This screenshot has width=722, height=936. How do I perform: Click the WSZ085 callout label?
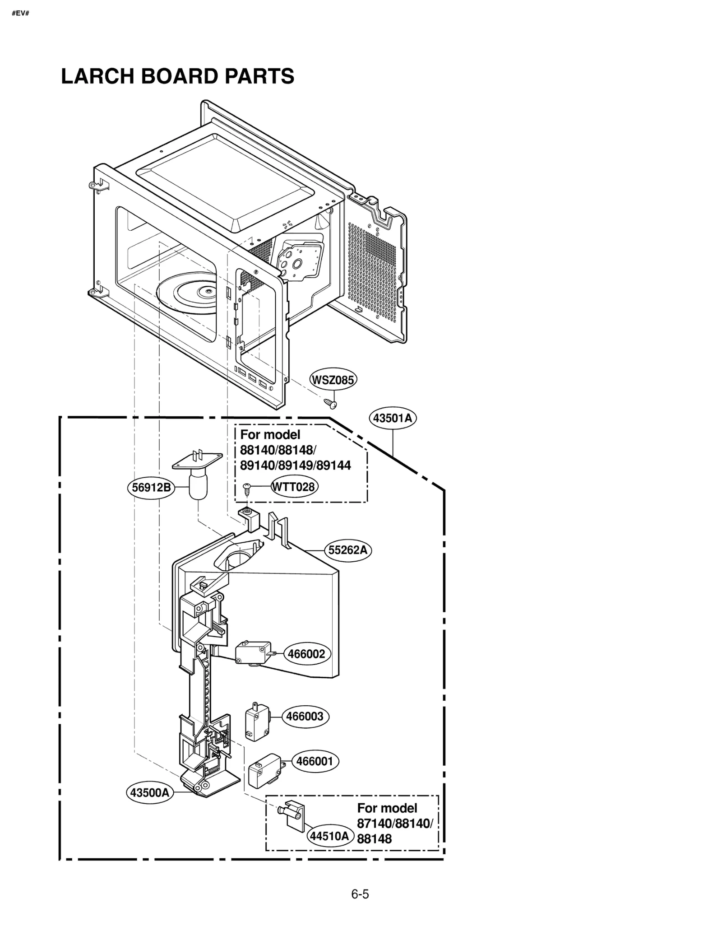pos(333,380)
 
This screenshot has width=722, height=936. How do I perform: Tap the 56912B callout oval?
pos(151,487)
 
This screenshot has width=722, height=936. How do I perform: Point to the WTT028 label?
pos(294,487)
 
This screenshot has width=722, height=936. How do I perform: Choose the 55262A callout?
pos(348,550)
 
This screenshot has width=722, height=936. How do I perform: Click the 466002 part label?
pos(306,654)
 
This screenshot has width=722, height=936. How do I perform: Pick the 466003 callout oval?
pos(305,716)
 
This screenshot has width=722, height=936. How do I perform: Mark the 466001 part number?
pos(315,761)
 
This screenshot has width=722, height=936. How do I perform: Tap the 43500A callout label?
pos(149,792)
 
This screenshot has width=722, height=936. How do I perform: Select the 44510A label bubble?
pos(329,836)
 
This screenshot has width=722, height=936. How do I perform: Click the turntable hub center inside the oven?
pos(208,292)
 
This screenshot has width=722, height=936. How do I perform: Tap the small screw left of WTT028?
pos(246,487)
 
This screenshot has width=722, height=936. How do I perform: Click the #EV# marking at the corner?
pos(20,13)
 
